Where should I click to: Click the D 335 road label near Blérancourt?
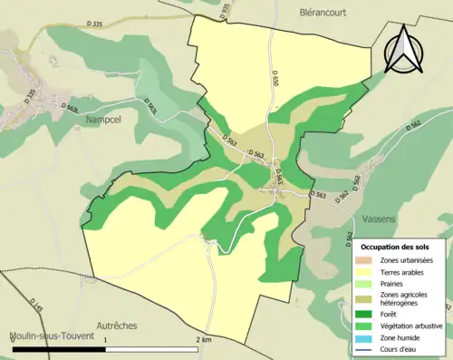coord(91,24)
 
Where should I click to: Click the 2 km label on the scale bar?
coord(204,339)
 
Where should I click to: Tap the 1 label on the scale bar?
coord(105,339)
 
